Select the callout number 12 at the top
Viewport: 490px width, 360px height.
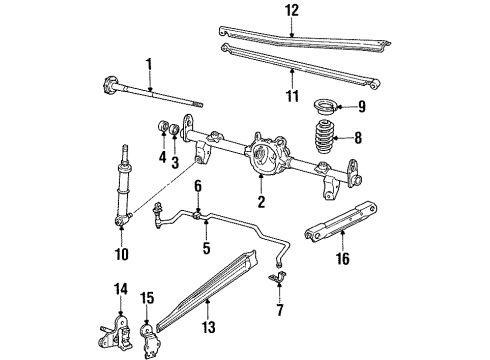[x=291, y=11]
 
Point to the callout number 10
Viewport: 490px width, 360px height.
[x=121, y=254]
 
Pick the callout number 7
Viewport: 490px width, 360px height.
[x=279, y=309]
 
